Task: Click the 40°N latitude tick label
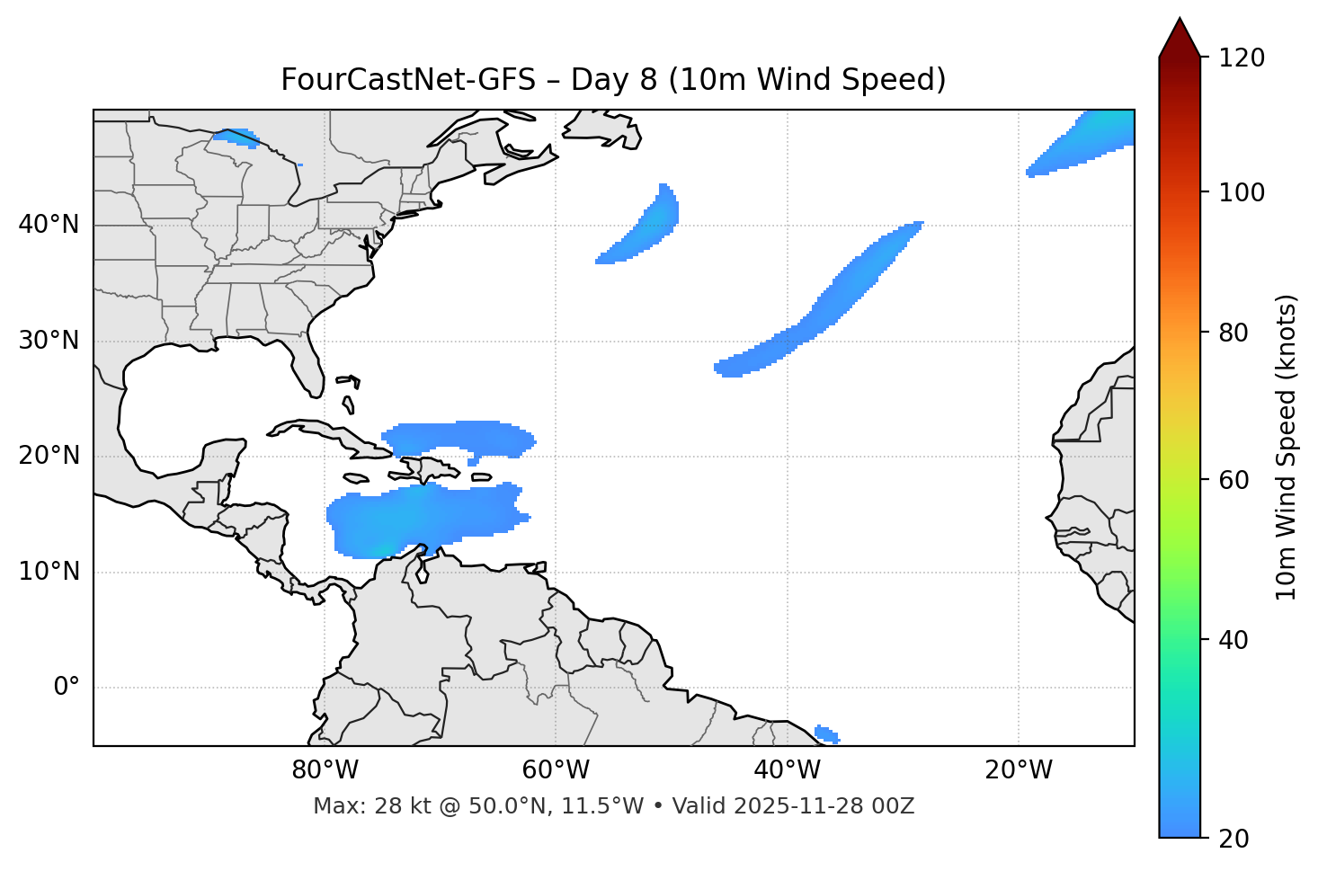click(x=49, y=225)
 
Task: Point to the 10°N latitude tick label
click(x=49, y=572)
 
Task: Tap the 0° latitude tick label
click(x=67, y=688)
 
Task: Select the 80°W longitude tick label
click(x=325, y=770)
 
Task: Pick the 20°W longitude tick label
click(x=1019, y=770)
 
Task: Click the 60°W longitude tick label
click(x=556, y=770)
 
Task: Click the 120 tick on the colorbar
click(x=1242, y=58)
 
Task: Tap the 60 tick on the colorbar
click(x=1233, y=480)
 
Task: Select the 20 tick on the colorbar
click(x=1233, y=839)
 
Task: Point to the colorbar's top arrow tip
click(x=1180, y=18)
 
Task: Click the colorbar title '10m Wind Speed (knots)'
click(x=1287, y=447)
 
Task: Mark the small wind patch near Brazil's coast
click(x=827, y=734)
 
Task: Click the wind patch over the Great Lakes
click(x=236, y=138)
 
